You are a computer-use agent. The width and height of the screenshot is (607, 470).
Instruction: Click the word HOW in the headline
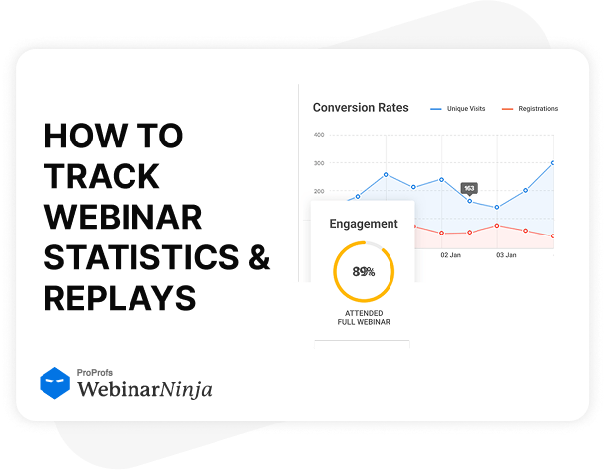click(x=78, y=136)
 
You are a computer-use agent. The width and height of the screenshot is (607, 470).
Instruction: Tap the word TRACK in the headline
click(x=102, y=176)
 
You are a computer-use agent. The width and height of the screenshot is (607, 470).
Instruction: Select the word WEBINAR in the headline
click(x=124, y=216)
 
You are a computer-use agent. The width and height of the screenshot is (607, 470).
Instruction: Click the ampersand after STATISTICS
click(x=257, y=256)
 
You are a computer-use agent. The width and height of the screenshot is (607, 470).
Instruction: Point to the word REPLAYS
click(x=120, y=297)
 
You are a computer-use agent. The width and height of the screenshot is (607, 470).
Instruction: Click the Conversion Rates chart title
click(x=361, y=108)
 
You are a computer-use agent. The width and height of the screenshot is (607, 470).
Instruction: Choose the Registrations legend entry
click(x=530, y=109)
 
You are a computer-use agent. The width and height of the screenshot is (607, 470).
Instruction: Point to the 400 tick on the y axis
click(x=318, y=135)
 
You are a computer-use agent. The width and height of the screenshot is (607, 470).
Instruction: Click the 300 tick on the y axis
click(x=318, y=163)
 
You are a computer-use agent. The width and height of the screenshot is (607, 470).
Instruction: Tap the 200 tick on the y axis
click(x=318, y=191)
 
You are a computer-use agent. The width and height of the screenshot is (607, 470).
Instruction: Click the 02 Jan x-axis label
click(x=450, y=255)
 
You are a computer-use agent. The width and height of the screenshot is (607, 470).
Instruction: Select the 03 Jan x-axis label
click(x=506, y=255)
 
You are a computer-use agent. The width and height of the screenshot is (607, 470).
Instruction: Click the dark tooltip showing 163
click(x=469, y=188)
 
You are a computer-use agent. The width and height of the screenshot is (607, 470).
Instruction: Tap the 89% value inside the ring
click(x=363, y=271)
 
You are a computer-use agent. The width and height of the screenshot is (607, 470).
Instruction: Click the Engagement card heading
click(x=364, y=224)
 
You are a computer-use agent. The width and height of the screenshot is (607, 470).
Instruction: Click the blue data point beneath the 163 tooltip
click(x=469, y=201)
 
